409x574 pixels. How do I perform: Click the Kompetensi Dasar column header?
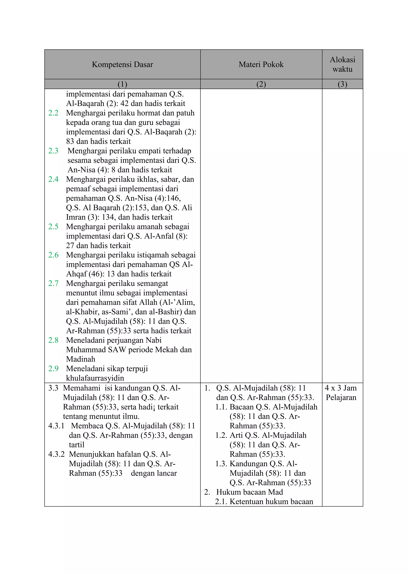[122, 64]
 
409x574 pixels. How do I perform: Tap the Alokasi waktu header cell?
[342, 64]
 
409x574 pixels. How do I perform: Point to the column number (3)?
[342, 84]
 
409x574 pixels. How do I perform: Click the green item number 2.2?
[53, 113]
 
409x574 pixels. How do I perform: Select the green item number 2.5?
[53, 227]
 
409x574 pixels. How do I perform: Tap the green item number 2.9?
[53, 369]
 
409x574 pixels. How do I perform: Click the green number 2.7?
[53, 284]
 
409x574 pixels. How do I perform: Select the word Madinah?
[81, 359]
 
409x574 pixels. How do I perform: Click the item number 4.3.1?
[56, 426]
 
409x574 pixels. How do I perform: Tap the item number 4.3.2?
[56, 454]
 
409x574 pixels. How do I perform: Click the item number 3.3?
[53, 388]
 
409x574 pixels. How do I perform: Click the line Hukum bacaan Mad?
[249, 492]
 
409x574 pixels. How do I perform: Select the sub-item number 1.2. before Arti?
[221, 435]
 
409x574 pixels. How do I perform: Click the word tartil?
[76, 445]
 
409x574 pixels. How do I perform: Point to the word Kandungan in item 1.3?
[248, 464]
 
